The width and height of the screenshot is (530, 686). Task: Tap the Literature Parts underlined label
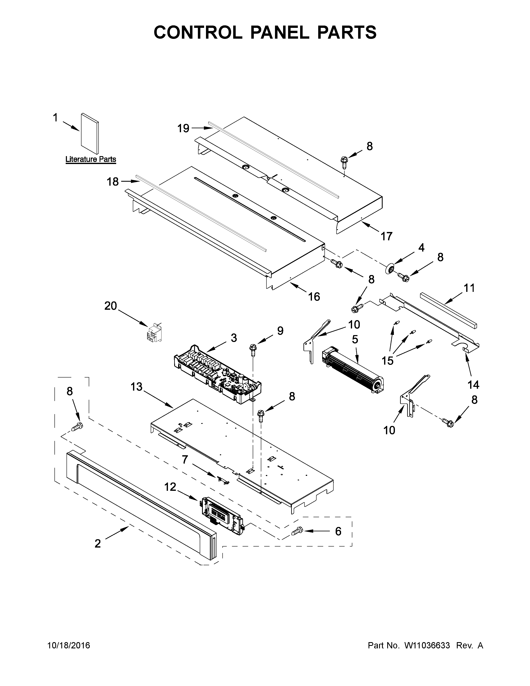(x=91, y=159)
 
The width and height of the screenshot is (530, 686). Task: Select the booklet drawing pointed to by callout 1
(x=90, y=134)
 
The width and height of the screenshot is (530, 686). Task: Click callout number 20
(x=111, y=306)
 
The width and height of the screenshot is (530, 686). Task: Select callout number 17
(x=387, y=236)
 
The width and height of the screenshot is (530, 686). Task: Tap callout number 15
(x=387, y=361)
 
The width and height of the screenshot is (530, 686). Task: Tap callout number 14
(x=473, y=384)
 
